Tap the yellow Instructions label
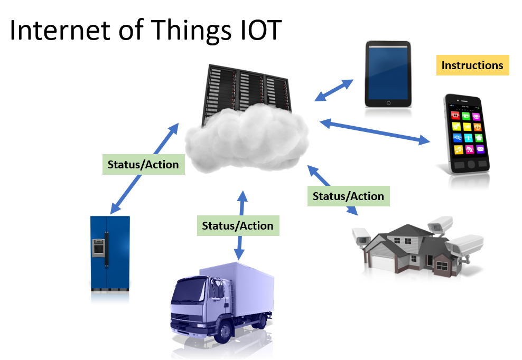click(x=472, y=65)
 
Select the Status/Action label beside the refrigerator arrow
click(x=144, y=164)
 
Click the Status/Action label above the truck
click(x=238, y=225)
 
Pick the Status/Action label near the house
click(x=349, y=196)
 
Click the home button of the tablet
click(x=388, y=103)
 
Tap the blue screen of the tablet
click(x=388, y=72)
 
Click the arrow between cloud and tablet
click(x=334, y=90)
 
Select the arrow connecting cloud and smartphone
click(x=375, y=131)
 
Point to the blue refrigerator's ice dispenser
click(x=98, y=247)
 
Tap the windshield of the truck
click(x=188, y=291)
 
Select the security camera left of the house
click(x=361, y=235)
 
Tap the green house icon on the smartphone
click(x=479, y=138)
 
